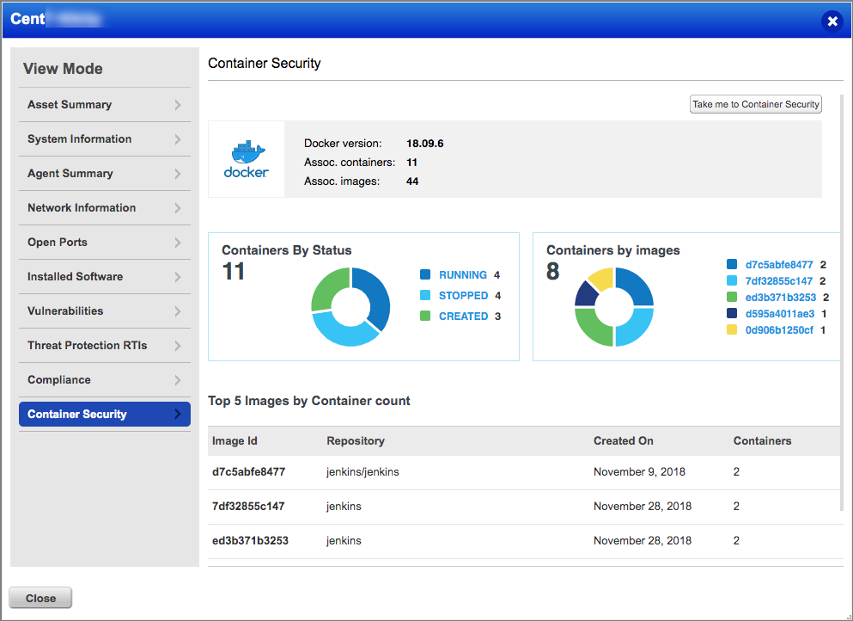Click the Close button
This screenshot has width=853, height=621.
click(40, 598)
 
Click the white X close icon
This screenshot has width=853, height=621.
click(832, 22)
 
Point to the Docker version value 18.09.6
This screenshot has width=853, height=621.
click(424, 144)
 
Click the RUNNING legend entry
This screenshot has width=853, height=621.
click(462, 275)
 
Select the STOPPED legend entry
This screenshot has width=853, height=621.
click(463, 296)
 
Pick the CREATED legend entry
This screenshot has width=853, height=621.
click(463, 317)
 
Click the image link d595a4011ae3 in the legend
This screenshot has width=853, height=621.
click(779, 314)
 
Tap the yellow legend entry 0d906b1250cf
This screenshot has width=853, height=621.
click(779, 330)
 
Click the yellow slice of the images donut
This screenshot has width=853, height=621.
click(601, 279)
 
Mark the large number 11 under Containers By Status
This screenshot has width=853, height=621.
click(234, 272)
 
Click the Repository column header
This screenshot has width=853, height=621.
click(356, 441)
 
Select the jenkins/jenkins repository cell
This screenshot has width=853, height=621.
click(363, 472)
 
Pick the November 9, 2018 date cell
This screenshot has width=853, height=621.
click(639, 472)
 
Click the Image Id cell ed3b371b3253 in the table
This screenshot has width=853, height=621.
click(250, 541)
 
